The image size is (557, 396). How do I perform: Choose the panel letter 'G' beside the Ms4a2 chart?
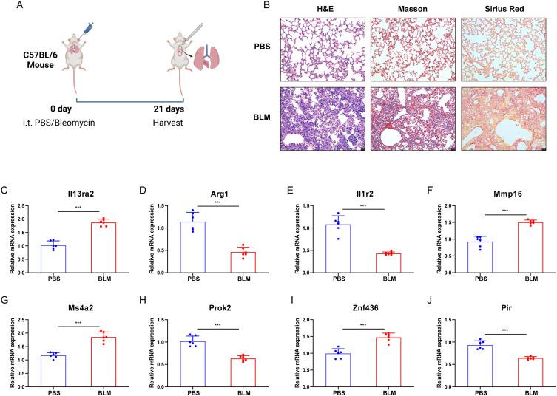point(5,301)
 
